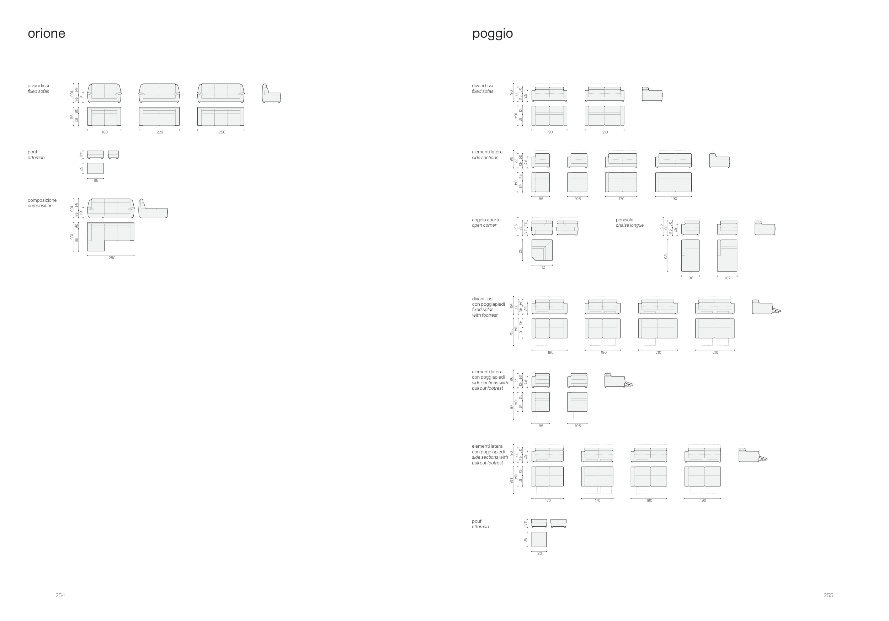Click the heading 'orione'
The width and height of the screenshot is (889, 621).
click(x=47, y=34)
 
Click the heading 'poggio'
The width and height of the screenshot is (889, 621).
click(x=492, y=34)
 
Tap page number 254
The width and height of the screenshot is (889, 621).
click(x=60, y=595)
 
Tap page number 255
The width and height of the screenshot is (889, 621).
click(x=828, y=595)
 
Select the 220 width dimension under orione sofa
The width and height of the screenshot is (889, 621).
click(x=160, y=132)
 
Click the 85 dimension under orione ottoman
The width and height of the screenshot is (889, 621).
click(x=96, y=180)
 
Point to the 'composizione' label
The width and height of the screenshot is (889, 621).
click(x=42, y=200)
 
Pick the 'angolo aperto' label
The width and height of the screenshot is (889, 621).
click(x=486, y=220)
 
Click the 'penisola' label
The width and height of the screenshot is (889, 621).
click(x=624, y=220)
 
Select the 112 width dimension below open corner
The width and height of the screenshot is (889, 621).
click(x=542, y=268)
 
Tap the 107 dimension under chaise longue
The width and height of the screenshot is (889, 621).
click(x=727, y=278)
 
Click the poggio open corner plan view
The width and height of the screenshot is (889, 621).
click(x=542, y=250)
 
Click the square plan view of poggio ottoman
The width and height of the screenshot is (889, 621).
click(x=539, y=539)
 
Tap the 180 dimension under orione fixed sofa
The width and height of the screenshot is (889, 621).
click(x=105, y=132)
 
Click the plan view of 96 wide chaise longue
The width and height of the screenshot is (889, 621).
click(x=690, y=255)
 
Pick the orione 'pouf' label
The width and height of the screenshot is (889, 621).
click(x=32, y=152)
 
